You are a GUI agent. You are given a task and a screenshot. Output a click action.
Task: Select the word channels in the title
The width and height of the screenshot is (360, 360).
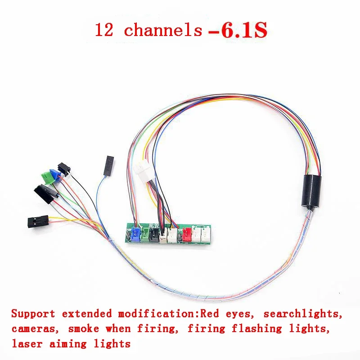163,30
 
